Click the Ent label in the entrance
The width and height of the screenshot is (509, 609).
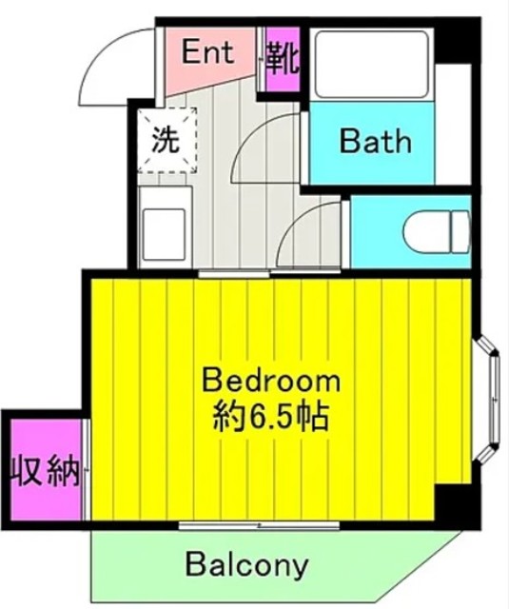point(207,53)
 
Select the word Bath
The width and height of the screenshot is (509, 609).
point(376,142)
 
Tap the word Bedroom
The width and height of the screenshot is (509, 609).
point(270,382)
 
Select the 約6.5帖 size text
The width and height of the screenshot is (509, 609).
point(270,416)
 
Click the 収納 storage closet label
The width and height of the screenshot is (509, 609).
point(44,471)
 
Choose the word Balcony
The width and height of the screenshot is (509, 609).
point(246,566)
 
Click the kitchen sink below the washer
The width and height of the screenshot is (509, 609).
point(163,228)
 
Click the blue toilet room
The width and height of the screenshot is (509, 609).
point(409,232)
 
